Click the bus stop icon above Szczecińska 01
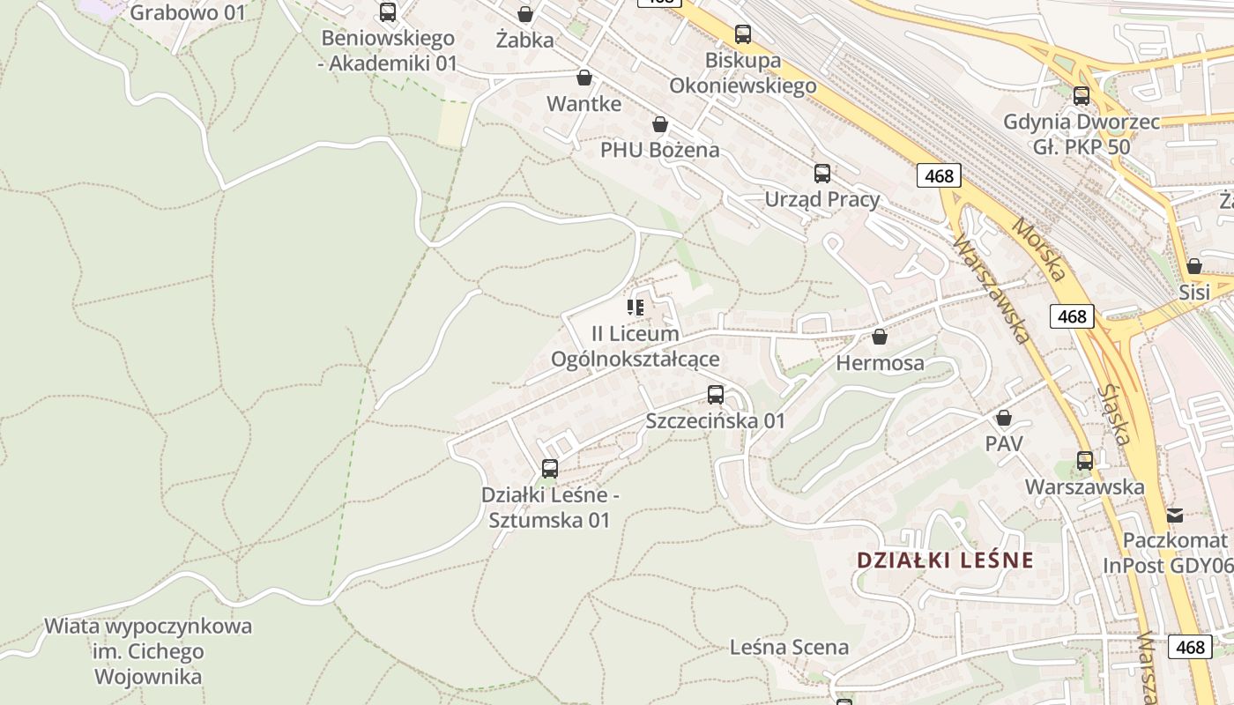716,395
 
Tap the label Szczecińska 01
715,420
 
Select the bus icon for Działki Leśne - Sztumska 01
550,469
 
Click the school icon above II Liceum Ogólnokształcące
636,308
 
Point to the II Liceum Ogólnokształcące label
635,346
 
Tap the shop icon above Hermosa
880,337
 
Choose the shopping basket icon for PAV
1004,418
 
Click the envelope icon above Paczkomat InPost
1175,515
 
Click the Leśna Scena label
789,647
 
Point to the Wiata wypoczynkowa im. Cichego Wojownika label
148,652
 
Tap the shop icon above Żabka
525,14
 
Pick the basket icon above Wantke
584,78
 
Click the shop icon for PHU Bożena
659,124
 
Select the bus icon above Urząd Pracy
822,174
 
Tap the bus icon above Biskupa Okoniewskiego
743,34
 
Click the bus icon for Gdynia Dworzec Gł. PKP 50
1082,96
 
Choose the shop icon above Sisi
1194,266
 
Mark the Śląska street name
1116,413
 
